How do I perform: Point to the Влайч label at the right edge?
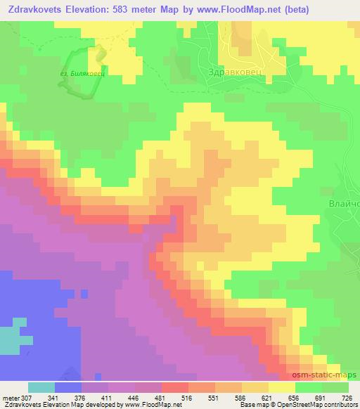344,204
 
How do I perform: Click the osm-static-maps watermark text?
331,377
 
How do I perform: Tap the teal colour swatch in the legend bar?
41,387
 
